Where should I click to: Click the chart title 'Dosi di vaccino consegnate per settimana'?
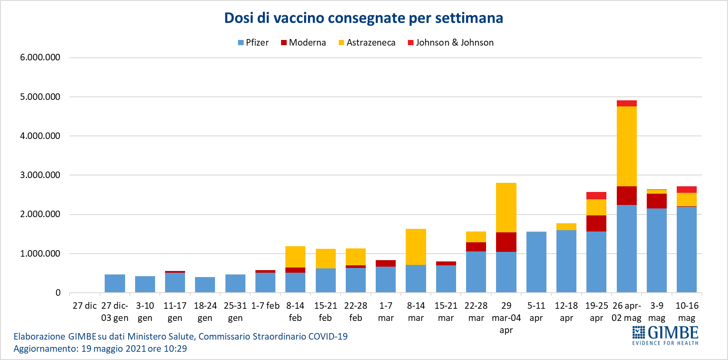click(x=364, y=18)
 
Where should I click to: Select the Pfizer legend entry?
click(x=253, y=43)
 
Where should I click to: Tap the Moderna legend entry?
click(x=303, y=43)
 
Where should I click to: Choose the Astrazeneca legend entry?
click(x=367, y=43)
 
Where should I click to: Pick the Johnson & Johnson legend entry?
click(x=450, y=43)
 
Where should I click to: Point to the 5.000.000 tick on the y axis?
click(x=40, y=97)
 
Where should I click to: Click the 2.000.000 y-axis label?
click(x=40, y=214)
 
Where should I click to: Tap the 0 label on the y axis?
click(x=58, y=293)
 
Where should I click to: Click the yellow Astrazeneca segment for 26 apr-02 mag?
click(x=626, y=146)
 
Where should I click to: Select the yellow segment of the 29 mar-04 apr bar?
click(x=506, y=208)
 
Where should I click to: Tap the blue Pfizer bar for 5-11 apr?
click(x=536, y=262)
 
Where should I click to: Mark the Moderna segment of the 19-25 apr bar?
click(x=596, y=223)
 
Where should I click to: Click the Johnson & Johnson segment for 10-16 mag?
click(x=686, y=189)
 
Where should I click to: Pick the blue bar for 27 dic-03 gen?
click(x=115, y=283)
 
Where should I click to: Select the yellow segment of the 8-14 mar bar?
click(x=416, y=247)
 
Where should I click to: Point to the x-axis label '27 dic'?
click(x=84, y=306)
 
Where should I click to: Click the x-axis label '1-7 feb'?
click(x=265, y=306)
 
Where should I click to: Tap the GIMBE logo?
click(x=665, y=336)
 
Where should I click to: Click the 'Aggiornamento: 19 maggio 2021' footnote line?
click(x=100, y=349)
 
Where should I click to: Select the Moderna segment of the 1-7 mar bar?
click(x=386, y=263)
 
